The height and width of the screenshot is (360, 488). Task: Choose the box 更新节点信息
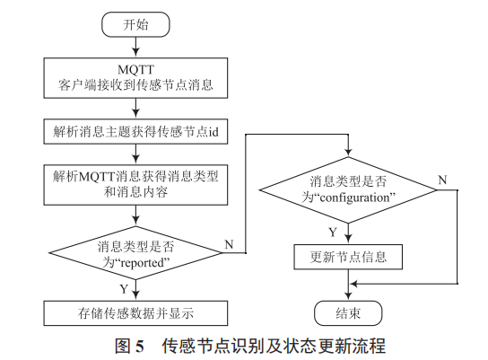[347, 258]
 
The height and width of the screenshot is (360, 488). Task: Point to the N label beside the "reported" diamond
[229, 244]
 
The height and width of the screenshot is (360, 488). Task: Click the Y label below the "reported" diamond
[123, 289]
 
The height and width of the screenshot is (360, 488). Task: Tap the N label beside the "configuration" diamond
[442, 180]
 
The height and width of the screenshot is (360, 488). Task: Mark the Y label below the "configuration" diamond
[333, 233]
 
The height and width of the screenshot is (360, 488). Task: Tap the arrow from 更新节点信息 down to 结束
[347, 285]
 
